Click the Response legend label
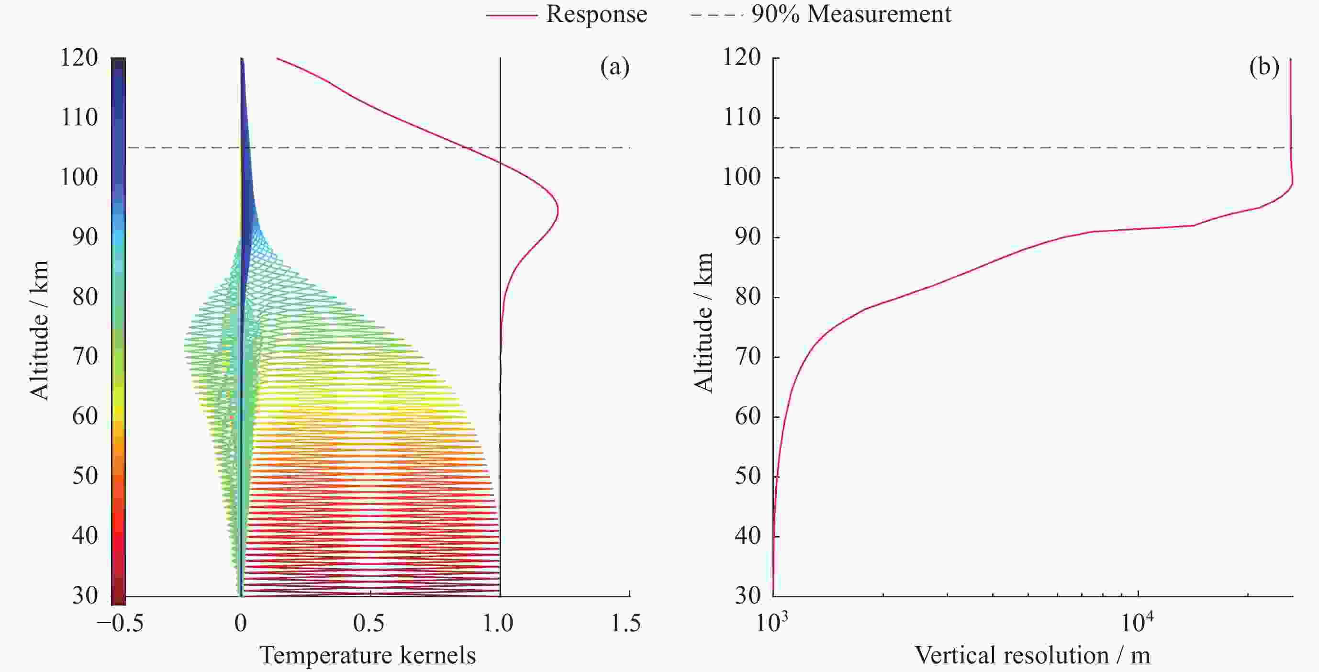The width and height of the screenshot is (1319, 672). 596,14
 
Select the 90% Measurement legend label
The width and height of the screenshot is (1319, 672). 851,14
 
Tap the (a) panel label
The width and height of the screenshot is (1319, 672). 615,67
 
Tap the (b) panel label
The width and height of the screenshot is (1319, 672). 1263,67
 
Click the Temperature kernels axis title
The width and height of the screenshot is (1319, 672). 368,655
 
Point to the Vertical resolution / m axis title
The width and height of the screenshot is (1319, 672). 1032,655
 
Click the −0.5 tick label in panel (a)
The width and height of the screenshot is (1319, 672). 120,623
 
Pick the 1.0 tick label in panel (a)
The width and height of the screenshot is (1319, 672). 498,623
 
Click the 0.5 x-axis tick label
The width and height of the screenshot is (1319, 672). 369,623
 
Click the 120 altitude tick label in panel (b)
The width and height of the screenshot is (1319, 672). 741,57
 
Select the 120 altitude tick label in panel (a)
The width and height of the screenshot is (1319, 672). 79,57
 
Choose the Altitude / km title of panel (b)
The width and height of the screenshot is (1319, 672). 704,323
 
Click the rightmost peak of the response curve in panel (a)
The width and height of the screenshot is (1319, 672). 558,211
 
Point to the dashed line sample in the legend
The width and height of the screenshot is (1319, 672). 716,15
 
